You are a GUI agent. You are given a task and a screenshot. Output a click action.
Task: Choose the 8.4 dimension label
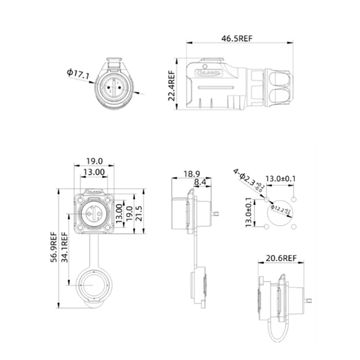(x=203, y=184)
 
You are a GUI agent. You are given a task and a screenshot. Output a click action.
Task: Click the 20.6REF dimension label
(x=286, y=258)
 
